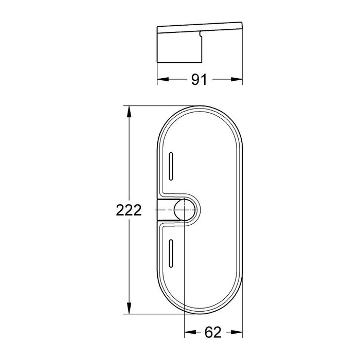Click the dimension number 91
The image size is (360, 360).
coord(199,80)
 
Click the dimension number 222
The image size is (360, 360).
coord(129,210)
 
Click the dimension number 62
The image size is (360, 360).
coord(213,332)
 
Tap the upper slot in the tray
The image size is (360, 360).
coord(171,166)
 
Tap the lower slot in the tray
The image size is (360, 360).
coord(171,254)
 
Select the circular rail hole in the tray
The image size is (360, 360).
coord(185,210)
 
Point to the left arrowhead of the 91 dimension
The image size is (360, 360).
coord(163,79)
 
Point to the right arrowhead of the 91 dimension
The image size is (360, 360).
coord(237,79)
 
